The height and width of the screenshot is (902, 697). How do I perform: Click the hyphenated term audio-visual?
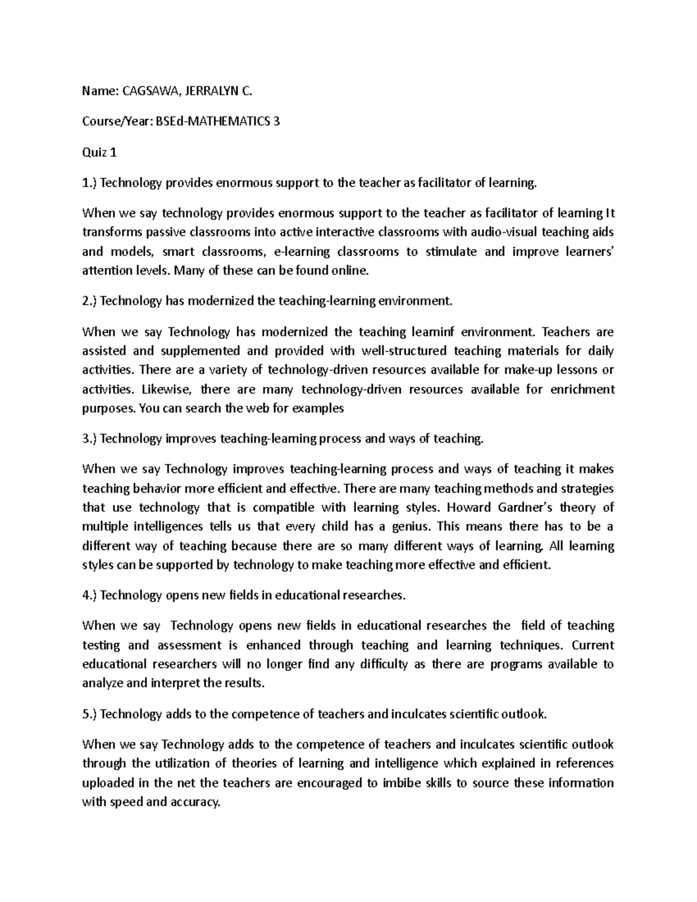click(503, 232)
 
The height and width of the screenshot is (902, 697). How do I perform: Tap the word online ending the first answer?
click(348, 271)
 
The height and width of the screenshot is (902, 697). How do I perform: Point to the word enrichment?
click(585, 389)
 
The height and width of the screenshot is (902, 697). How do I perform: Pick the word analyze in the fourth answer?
click(102, 683)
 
